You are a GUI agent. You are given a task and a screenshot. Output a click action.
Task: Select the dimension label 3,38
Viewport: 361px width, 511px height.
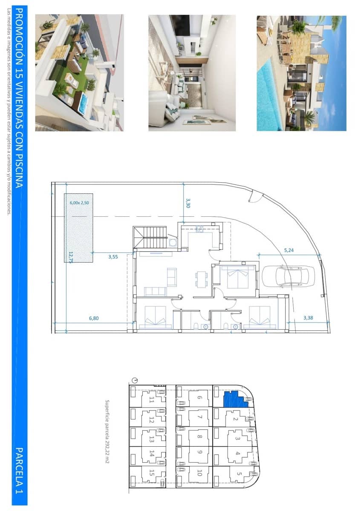[x=308, y=318]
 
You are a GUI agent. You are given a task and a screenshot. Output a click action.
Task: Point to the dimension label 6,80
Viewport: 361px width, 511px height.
[x=94, y=318]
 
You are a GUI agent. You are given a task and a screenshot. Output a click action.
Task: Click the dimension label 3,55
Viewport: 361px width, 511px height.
[x=113, y=257]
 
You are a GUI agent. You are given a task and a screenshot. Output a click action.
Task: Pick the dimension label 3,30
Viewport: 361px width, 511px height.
[x=188, y=203]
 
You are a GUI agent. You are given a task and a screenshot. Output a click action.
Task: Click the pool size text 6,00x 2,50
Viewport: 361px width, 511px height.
[x=79, y=203]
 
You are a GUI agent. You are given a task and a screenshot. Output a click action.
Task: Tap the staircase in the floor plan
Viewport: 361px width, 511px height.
[x=152, y=237]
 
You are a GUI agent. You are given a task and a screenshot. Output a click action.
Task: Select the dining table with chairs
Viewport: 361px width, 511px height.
[x=201, y=279]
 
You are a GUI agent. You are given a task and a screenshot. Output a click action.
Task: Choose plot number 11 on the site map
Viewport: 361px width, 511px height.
[x=152, y=400]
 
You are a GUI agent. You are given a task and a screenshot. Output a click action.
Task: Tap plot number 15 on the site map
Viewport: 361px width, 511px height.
[x=152, y=473]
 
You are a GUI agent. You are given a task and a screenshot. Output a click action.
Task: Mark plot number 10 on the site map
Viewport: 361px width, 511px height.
[x=199, y=473]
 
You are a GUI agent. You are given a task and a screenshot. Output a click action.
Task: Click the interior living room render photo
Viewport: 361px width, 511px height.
[x=192, y=73]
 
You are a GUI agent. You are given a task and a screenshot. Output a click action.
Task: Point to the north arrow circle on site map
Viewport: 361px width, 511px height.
[x=135, y=380]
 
